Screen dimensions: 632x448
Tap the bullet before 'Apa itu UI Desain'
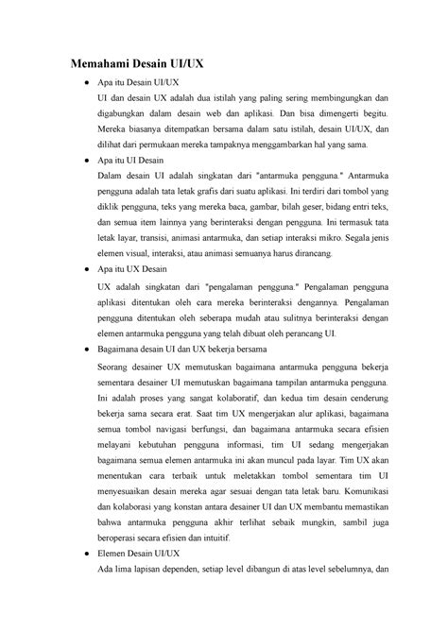pyautogui.click(x=88, y=161)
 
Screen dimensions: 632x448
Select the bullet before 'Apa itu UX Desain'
pyautogui.click(x=88, y=269)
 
